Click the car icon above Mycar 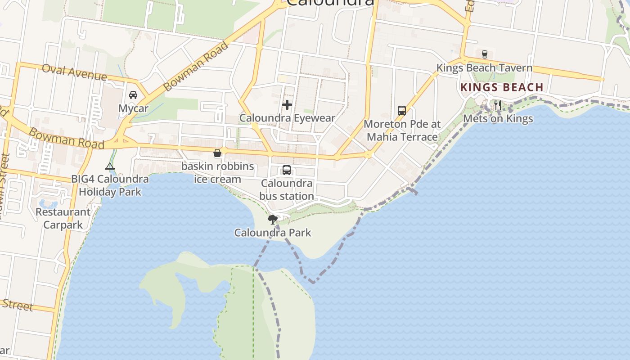[x=133, y=95]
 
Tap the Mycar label [x=133, y=108]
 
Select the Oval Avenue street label [x=74, y=72]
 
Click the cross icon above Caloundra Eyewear [x=287, y=105]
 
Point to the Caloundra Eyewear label [x=287, y=118]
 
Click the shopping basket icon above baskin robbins [x=217, y=153]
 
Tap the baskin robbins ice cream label [x=217, y=173]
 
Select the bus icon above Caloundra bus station [x=287, y=170]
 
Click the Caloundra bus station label [x=287, y=190]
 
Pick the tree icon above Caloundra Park [x=272, y=220]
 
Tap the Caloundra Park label [x=272, y=233]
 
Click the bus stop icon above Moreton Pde [x=402, y=111]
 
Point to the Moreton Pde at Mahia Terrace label [x=402, y=130]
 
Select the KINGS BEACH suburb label [x=502, y=87]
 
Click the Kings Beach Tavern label [x=484, y=68]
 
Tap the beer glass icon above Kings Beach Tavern [x=485, y=54]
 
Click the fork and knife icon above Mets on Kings [x=498, y=105]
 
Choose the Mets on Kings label [x=498, y=119]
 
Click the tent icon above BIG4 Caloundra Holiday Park [x=110, y=166]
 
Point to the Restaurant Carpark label [x=63, y=218]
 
